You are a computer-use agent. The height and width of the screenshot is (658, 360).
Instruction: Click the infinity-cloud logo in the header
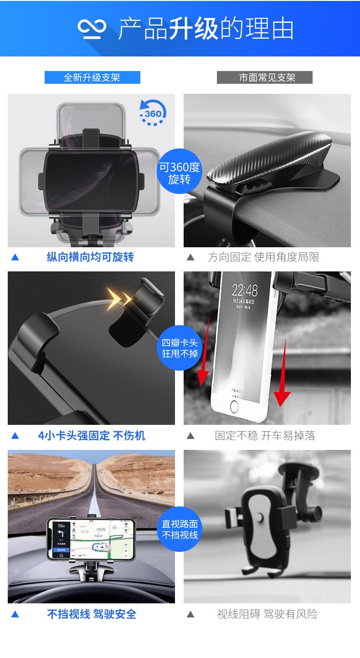(92, 29)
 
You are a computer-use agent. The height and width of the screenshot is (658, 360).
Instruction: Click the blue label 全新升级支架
(92, 77)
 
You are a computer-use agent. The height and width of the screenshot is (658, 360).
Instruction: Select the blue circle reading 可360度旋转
(179, 173)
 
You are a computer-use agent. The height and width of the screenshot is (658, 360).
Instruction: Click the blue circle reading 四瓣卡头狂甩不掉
(180, 348)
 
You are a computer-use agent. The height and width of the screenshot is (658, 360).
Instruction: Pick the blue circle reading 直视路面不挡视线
(180, 529)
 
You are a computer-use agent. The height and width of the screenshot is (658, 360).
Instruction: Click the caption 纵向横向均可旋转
(90, 257)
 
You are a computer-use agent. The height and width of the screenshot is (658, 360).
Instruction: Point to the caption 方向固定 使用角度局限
(263, 257)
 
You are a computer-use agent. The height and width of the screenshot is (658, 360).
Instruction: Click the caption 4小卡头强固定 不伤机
(91, 436)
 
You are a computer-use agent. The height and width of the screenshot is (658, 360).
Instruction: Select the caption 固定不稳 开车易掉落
(265, 436)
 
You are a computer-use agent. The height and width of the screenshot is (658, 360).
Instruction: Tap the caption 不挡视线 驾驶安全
(92, 614)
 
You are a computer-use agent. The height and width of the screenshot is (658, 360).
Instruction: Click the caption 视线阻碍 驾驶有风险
(267, 614)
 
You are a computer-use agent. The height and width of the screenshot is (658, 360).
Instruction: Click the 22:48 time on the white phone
(244, 290)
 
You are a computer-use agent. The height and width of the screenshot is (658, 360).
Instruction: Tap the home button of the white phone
(234, 406)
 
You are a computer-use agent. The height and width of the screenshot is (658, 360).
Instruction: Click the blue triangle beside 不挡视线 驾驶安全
(15, 614)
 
